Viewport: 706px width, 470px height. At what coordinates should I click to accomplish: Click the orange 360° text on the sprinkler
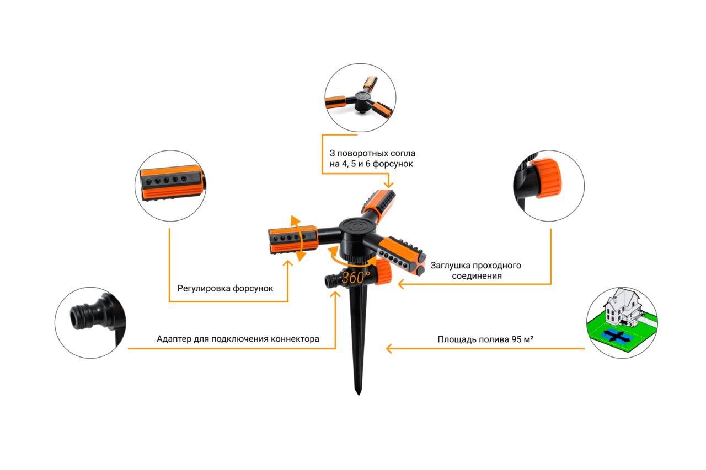[x=356, y=278]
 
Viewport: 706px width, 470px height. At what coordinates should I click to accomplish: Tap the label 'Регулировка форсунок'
[x=225, y=288]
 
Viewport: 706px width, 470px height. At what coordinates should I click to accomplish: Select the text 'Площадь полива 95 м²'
[x=485, y=339]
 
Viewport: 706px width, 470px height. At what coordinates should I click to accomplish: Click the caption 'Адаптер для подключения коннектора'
[x=238, y=339]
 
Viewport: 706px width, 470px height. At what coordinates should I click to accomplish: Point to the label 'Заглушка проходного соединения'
[x=476, y=271]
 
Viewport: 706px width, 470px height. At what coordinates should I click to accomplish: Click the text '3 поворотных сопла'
[x=372, y=153]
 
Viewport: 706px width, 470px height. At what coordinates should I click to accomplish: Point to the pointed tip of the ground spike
[x=359, y=394]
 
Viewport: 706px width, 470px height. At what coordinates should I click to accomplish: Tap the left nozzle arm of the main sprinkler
[x=293, y=239]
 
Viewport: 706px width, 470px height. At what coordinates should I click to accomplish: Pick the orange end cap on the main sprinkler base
[x=383, y=271]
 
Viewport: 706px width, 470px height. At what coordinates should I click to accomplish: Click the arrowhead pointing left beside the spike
[x=389, y=348]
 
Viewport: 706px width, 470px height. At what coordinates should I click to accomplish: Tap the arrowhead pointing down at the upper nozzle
[x=389, y=185]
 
